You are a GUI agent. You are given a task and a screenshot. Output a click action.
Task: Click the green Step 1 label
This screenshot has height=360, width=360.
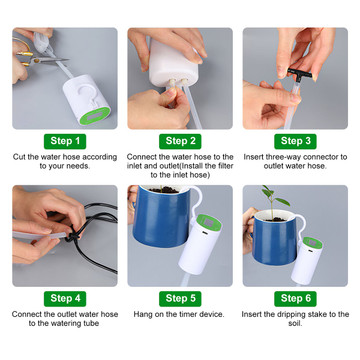pyautogui.click(x=65, y=141)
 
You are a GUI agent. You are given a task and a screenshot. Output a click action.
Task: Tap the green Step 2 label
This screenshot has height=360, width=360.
pyautogui.click(x=180, y=141)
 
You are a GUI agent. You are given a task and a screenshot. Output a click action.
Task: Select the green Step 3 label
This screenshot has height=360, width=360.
pyautogui.click(x=295, y=141)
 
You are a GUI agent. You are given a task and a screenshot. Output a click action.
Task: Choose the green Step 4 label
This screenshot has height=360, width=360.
pyautogui.click(x=65, y=299)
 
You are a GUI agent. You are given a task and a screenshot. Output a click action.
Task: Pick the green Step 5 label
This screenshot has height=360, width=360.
pyautogui.click(x=180, y=299)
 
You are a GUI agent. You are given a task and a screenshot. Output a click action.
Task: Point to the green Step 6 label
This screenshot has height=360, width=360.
pyautogui.click(x=295, y=299)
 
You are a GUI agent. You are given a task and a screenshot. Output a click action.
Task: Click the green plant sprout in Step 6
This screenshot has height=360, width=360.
pyautogui.click(x=273, y=200)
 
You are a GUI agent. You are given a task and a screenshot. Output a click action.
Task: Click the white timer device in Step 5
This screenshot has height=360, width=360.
pyautogui.click(x=199, y=244)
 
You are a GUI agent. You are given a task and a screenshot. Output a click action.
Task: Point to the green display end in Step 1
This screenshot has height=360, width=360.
pyautogui.click(x=95, y=116)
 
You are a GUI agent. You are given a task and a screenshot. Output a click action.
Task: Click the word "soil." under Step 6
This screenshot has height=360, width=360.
pyautogui.click(x=295, y=323)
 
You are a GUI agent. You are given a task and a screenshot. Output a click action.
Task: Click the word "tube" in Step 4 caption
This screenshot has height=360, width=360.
pyautogui.click(x=91, y=323)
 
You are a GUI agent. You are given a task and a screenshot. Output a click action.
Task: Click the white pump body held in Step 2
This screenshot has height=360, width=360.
pyautogui.click(x=173, y=63)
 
